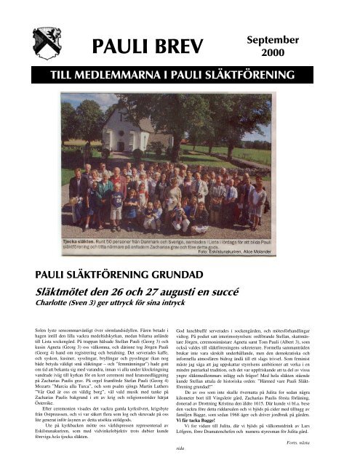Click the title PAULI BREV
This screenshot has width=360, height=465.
[x=142, y=47]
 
